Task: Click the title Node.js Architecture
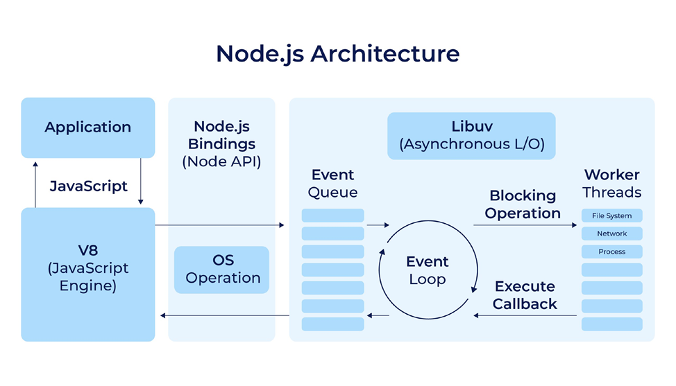coord(337,53)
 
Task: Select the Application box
coord(87,128)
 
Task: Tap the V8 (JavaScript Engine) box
coord(87,275)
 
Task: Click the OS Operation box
coord(222,270)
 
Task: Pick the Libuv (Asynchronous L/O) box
coord(471,135)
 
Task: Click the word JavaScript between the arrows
coord(88,186)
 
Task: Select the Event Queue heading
coord(332,183)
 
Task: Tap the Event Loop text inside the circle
coord(427,270)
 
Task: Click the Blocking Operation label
coord(523,204)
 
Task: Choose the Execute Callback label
coord(525,295)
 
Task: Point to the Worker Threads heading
coord(611,183)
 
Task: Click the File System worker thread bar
coord(611,216)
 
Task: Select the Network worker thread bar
coord(611,234)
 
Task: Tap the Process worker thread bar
coord(611,252)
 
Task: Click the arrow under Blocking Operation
coord(525,225)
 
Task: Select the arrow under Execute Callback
coord(525,315)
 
